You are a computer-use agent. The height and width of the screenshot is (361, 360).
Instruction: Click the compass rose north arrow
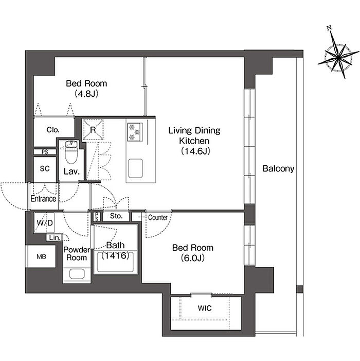pos(338,56)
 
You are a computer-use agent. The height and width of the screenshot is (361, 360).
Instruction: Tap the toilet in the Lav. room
pos(72,152)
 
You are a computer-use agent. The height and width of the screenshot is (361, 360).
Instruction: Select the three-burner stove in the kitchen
pos(135,132)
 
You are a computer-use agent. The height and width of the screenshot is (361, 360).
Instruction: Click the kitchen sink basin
pos(135,168)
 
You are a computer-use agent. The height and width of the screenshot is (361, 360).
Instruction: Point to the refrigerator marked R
pos(93,130)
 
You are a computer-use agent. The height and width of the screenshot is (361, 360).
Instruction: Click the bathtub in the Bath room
pos(115,262)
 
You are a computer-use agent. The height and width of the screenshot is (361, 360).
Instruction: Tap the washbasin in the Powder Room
pos(77,274)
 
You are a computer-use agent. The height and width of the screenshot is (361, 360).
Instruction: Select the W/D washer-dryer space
pos(44,222)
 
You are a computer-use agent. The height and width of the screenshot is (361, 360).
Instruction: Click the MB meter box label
pos(41,256)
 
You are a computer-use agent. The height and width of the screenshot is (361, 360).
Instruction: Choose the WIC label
pos(205,308)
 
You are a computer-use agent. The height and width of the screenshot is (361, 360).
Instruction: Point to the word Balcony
pos(278,169)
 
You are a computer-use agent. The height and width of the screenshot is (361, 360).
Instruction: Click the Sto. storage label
pos(116,216)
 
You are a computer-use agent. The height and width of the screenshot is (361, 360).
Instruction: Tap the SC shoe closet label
pos(45,168)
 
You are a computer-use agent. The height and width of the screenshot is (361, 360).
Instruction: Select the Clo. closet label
pos(53,130)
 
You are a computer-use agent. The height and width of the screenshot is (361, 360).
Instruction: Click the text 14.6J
pos(195,151)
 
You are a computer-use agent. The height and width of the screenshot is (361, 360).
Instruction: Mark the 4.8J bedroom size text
pos(86,94)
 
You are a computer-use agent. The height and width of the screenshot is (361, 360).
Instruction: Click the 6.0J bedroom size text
pos(193,258)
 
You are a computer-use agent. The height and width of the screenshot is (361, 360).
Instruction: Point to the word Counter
pos(158,217)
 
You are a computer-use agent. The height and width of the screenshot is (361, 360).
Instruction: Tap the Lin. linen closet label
pos(55,237)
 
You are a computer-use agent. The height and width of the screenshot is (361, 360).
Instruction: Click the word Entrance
pos(43,199)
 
